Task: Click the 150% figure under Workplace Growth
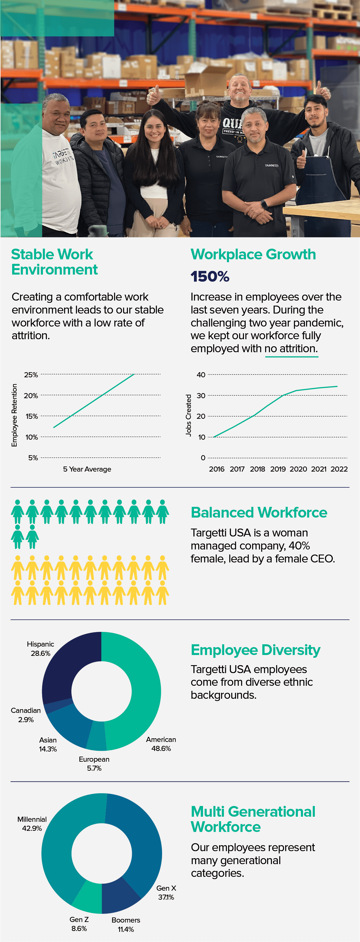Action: (x=210, y=277)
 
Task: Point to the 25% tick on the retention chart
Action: (x=31, y=374)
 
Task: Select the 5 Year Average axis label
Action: (x=87, y=469)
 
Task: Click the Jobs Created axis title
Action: (x=188, y=415)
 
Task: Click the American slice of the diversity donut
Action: (x=143, y=691)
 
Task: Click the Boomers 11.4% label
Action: (x=126, y=925)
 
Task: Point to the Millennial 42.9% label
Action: (x=32, y=823)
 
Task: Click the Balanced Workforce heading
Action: (x=259, y=512)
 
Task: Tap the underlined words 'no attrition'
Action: (x=291, y=349)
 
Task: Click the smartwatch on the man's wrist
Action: (x=264, y=204)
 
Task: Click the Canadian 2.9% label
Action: (x=26, y=715)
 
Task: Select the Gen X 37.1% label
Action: (x=166, y=892)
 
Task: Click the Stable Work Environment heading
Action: (x=54, y=262)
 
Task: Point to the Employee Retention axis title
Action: (x=14, y=415)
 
